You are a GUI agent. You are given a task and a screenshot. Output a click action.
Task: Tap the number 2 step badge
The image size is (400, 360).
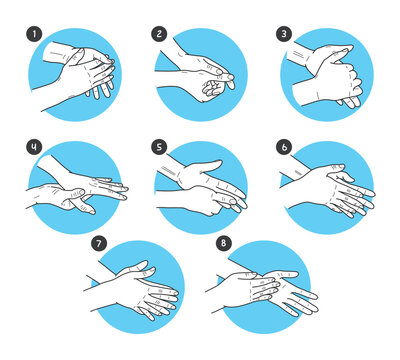pos(159,33)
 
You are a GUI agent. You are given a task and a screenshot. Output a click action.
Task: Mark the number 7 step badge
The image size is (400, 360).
pos(98,243)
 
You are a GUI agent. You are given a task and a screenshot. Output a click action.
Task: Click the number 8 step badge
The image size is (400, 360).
pos(221,243)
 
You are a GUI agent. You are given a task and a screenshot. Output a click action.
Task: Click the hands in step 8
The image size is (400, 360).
pos(265,290)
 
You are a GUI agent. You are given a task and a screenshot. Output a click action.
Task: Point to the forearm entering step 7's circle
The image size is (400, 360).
pos(100,284)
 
